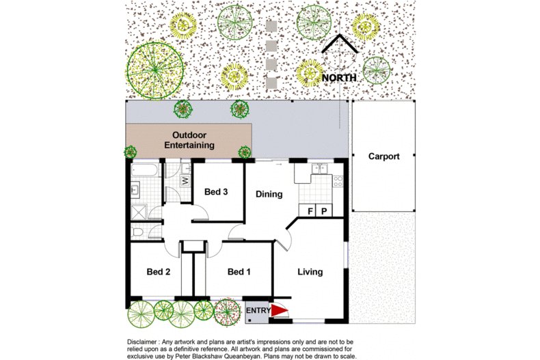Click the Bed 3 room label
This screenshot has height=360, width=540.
[x=216, y=192]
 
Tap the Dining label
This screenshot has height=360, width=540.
[x=269, y=194]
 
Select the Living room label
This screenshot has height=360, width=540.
[x=310, y=272]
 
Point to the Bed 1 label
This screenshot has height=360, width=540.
[x=239, y=272]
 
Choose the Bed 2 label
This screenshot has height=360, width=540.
[x=159, y=272]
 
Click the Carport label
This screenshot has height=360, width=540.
[x=383, y=156]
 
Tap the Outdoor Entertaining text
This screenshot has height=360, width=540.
[x=189, y=140]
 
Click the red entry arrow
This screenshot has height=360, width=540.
[x=280, y=310]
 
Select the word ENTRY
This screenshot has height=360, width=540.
[x=258, y=310]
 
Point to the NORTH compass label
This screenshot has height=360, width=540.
[x=339, y=78]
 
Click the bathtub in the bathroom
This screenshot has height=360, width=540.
[x=145, y=171]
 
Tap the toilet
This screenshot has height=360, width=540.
[x=137, y=232]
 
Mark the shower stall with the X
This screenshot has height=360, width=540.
[x=139, y=212]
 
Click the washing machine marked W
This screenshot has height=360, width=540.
[x=185, y=180]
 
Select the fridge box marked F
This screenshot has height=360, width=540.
[x=310, y=210]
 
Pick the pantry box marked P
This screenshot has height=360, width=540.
[x=324, y=210]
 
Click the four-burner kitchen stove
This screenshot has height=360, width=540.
[x=338, y=182]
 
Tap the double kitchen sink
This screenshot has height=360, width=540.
[x=320, y=169]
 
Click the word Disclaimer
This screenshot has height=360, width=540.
[x=141, y=342]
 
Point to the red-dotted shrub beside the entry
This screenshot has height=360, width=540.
[x=227, y=311]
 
